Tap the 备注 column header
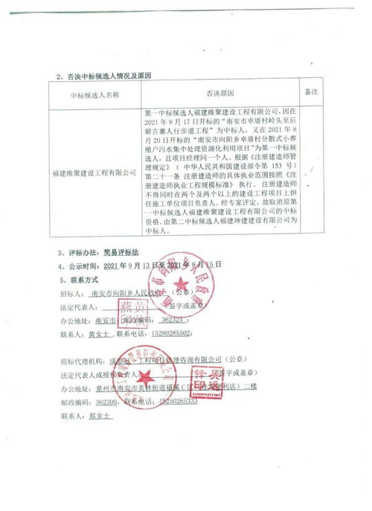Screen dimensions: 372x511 [312, 91]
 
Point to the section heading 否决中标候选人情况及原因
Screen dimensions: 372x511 [108, 77]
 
